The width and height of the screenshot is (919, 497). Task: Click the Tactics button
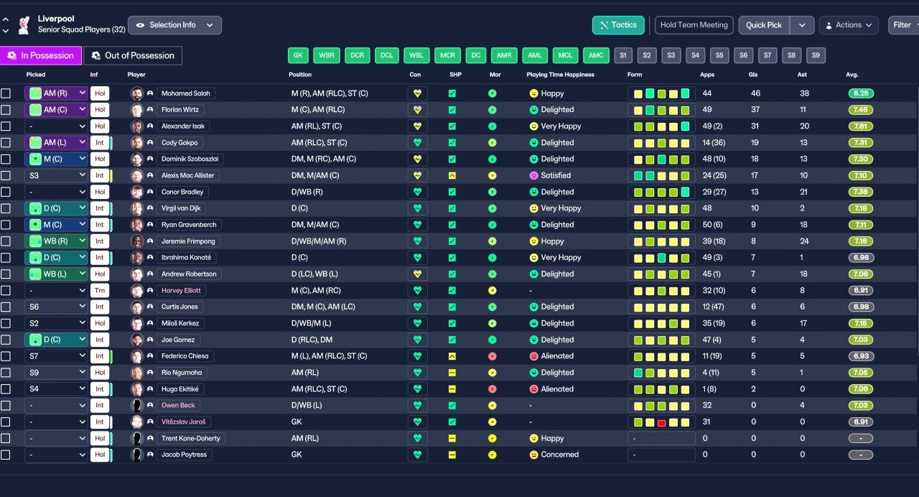pos(618,25)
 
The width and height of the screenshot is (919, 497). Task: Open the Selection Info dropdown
pos(174,25)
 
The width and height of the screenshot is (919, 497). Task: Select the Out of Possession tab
pos(133,55)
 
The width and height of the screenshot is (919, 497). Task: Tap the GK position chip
pos(298,55)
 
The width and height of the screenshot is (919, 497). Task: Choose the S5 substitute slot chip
pos(719,55)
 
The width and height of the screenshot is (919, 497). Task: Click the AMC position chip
pos(596,55)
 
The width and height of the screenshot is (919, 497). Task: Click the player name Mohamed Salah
pos(185,93)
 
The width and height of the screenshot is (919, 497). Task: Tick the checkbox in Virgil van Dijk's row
pos(6,208)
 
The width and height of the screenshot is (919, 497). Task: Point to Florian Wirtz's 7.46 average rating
pos(861,110)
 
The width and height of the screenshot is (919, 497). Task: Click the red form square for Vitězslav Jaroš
pos(661,422)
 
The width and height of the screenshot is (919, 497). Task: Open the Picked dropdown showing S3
pos(56,175)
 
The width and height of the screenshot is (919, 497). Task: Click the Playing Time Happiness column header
pos(561,75)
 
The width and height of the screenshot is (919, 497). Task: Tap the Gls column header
pos(753,75)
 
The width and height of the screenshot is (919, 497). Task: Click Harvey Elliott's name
pos(181,291)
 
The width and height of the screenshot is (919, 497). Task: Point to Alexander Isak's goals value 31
pos(755,126)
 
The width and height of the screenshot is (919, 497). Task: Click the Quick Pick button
pos(764,25)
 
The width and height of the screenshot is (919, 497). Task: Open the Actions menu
pos(849,25)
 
